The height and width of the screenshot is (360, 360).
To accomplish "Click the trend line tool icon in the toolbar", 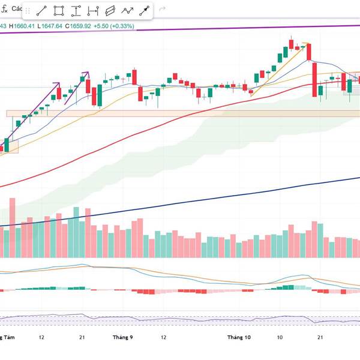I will click(42, 10).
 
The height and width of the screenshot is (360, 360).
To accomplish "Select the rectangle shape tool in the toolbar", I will click(59, 10).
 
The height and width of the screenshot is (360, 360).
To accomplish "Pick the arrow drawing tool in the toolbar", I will click(145, 10).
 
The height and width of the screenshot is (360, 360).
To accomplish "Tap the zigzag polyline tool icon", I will click(127, 10).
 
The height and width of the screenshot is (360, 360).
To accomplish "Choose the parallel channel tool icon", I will click(110, 10).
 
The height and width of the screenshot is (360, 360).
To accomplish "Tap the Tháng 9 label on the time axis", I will click(122, 338).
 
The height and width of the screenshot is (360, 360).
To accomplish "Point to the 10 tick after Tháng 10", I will click(280, 338).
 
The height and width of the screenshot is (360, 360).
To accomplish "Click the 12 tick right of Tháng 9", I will click(163, 338).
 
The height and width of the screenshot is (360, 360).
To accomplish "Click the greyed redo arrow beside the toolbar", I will click(161, 9).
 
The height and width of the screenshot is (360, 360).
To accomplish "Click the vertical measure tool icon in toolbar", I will click(76, 10).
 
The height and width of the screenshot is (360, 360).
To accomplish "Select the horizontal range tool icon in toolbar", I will click(93, 10).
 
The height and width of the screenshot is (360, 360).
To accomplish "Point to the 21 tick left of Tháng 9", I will click(82, 338).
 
